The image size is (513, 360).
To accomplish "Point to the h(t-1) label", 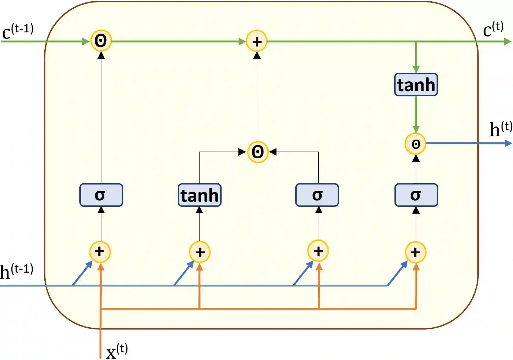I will (x=16, y=271).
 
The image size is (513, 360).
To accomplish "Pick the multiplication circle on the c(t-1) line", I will (x=101, y=41).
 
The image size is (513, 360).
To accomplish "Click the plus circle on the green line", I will (x=257, y=41).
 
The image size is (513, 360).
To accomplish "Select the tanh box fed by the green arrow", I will (x=416, y=85).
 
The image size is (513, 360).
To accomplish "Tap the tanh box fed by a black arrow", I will (x=200, y=195).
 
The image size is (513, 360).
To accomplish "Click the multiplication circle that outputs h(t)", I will (x=415, y=144).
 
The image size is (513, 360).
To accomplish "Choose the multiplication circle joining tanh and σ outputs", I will (x=258, y=152).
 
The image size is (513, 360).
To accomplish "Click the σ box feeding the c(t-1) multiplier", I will (x=101, y=195).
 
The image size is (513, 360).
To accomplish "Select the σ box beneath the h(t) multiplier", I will (x=416, y=195).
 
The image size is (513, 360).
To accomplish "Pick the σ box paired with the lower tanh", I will (x=317, y=195).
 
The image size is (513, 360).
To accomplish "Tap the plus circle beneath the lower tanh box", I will (x=200, y=252).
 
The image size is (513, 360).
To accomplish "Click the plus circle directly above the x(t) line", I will (x=100, y=252).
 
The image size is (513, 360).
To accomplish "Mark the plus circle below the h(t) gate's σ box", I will (x=415, y=252).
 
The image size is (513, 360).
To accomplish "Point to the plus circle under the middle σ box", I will (x=318, y=251).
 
